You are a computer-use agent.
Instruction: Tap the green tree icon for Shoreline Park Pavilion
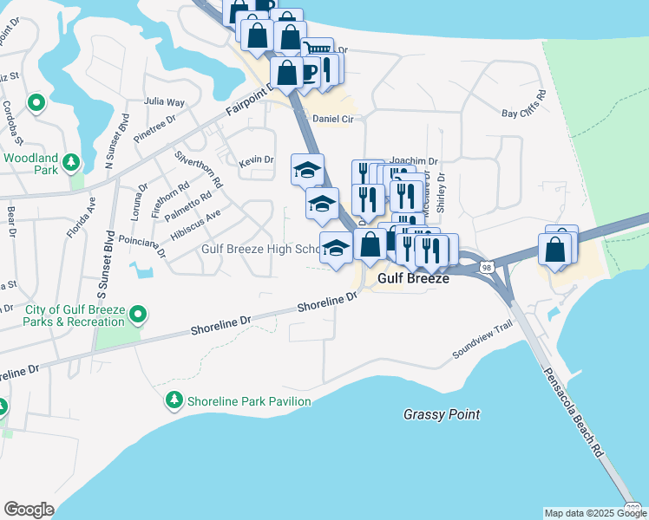point(174,400)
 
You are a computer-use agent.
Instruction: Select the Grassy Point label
point(442,414)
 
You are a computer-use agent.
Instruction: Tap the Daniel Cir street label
point(333,119)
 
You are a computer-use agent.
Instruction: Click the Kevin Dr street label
point(256,160)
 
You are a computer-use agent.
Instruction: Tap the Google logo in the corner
point(29,510)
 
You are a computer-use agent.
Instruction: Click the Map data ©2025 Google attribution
point(595,513)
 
